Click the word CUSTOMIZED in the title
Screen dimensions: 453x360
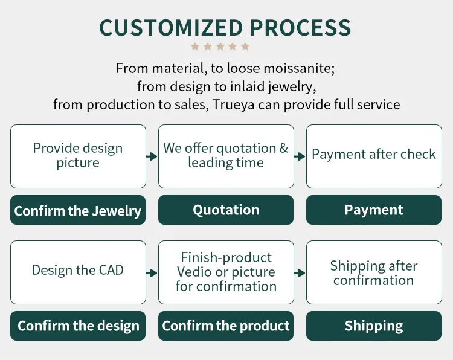click(171, 28)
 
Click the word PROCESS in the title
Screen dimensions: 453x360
click(300, 28)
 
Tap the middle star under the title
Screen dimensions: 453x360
click(220, 47)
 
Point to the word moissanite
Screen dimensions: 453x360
click(299, 68)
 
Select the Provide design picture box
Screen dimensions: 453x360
click(78, 156)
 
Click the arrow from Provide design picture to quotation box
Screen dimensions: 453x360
click(152, 156)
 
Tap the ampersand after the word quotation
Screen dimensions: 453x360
click(283, 148)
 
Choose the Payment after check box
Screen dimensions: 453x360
click(374, 156)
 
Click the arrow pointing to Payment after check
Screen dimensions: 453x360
click(300, 156)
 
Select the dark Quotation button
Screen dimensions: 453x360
click(226, 210)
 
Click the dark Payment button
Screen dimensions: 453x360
click(374, 210)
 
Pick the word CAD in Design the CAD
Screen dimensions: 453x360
click(111, 270)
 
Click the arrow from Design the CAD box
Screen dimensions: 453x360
click(152, 273)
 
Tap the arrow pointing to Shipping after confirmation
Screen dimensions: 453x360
click(300, 273)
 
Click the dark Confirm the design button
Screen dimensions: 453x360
click(78, 326)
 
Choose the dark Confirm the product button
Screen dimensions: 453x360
click(226, 326)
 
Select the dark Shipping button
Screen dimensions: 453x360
click(374, 326)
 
